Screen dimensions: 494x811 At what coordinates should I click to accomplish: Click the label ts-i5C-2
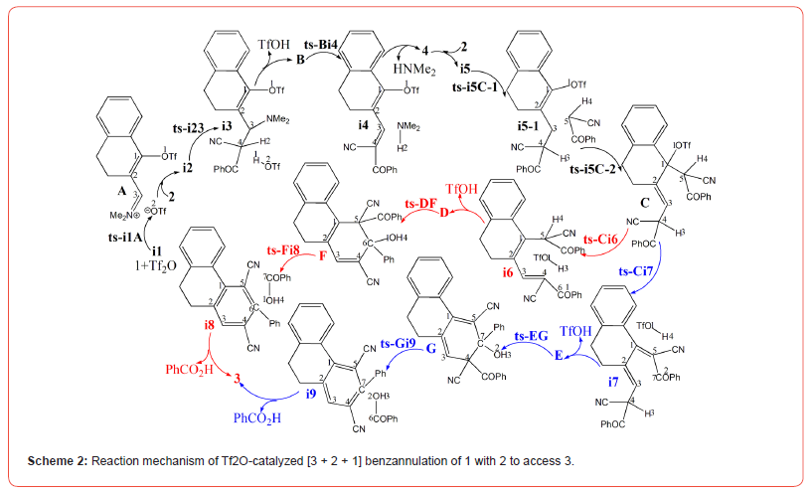pos(596,169)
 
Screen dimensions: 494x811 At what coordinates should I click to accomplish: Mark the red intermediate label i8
pos(209,324)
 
